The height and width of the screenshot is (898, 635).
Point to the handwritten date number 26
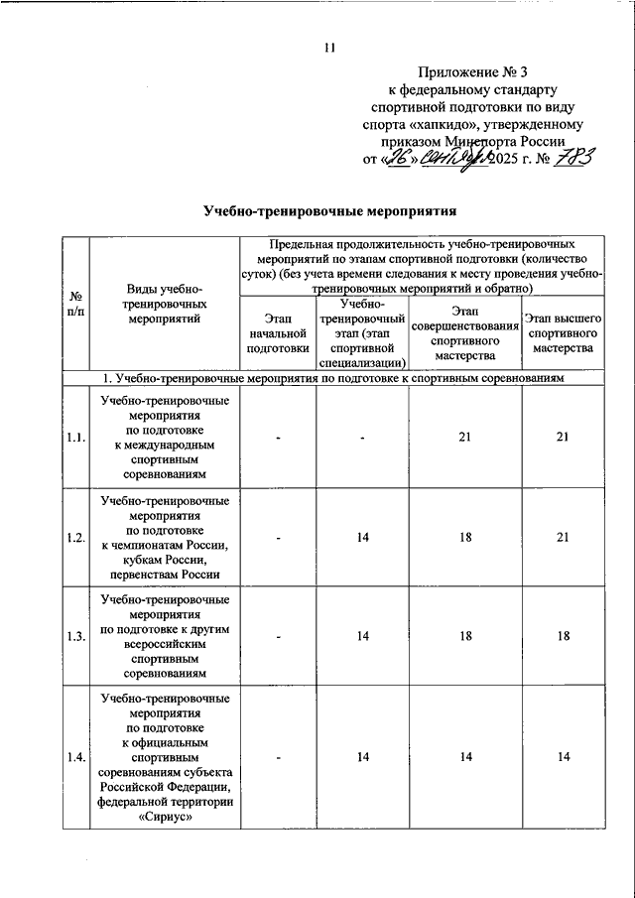(397, 158)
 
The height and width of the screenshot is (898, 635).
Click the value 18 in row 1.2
(465, 537)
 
